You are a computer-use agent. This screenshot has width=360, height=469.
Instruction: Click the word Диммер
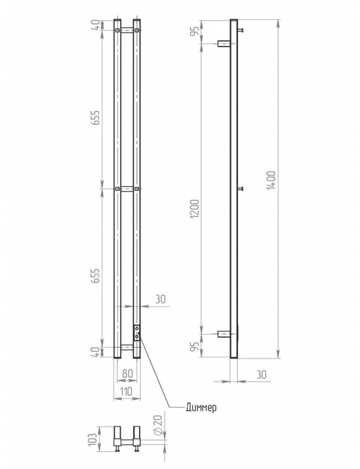(x=201, y=407)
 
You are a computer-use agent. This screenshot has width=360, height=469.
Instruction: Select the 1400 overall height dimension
(x=271, y=181)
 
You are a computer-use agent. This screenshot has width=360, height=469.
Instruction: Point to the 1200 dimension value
(x=195, y=208)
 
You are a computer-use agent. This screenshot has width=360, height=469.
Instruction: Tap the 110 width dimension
(x=126, y=391)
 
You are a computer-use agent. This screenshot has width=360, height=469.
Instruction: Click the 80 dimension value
(x=127, y=373)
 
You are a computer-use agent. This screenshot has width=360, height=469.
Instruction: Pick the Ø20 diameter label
(x=158, y=425)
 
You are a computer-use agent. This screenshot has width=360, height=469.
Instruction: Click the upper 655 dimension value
(x=95, y=118)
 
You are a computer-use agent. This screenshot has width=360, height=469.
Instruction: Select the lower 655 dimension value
(x=95, y=276)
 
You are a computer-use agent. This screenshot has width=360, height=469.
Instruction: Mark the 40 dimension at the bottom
(x=95, y=352)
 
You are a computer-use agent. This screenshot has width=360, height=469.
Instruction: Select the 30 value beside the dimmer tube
(x=161, y=299)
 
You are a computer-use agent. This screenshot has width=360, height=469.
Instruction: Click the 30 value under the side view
(x=261, y=374)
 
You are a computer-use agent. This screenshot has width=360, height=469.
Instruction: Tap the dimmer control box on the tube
(x=137, y=333)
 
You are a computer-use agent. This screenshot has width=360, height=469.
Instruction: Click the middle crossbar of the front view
(x=127, y=189)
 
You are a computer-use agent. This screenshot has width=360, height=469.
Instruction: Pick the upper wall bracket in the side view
(x=224, y=44)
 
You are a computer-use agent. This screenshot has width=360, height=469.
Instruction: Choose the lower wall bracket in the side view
(x=224, y=334)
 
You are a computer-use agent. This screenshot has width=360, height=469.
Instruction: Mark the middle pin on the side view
(x=240, y=188)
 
